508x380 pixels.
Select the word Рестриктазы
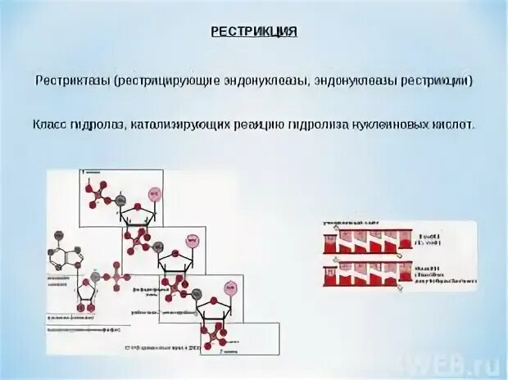[x=72, y=82]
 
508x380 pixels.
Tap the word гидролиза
[x=314, y=125]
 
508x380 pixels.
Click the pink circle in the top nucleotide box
[x=152, y=194]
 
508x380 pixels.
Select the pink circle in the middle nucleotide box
[x=193, y=241]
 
